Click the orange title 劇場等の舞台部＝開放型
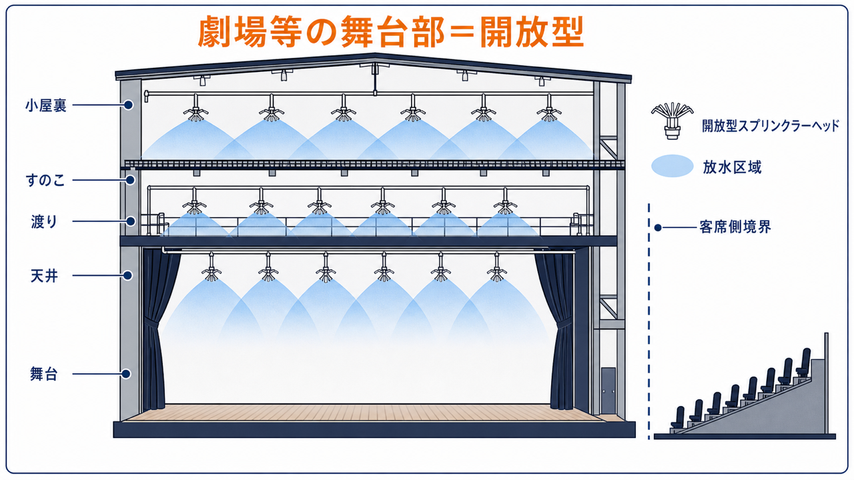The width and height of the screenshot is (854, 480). click(391, 32)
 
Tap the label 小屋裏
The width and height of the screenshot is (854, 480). click(46, 105)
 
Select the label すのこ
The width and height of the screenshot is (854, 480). click(45, 180)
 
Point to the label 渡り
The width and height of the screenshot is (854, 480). click(44, 221)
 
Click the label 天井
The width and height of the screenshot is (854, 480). click(44, 276)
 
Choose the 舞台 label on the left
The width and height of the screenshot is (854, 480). click(44, 374)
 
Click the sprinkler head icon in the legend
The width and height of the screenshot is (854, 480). click(672, 121)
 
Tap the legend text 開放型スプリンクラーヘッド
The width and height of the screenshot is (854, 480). click(771, 125)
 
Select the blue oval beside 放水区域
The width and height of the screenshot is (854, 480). click(672, 166)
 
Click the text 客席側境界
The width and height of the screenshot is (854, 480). click(735, 227)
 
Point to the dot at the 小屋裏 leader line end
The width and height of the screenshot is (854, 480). click(129, 105)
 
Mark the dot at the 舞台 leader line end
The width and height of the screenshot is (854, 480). click(126, 374)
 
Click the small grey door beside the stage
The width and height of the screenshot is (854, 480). click(608, 391)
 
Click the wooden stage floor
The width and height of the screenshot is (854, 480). click(364, 413)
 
